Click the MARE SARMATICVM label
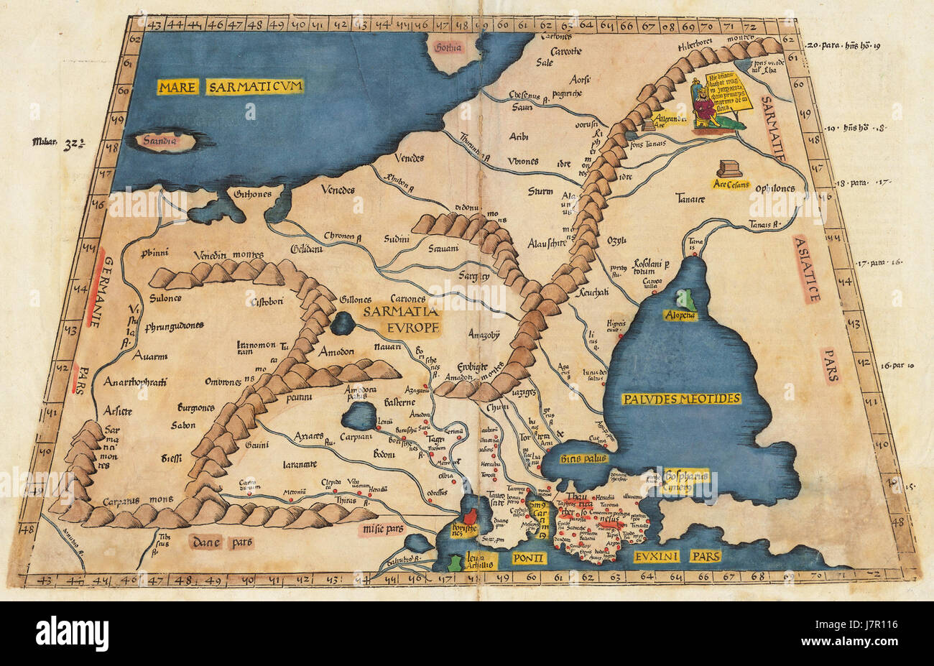pos(231,87)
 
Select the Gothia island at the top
pos(447,47)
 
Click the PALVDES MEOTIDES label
pos(683,398)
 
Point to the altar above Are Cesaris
pos(729,168)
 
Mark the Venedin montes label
pos(228,255)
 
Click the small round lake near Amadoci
pos(343,323)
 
